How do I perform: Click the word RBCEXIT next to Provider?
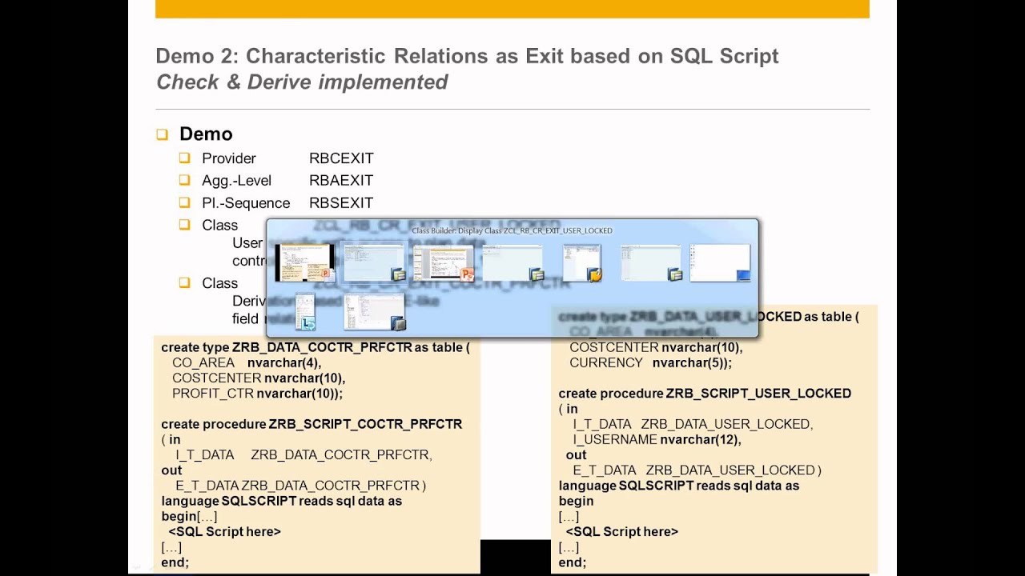(x=341, y=158)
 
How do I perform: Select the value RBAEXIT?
(x=341, y=181)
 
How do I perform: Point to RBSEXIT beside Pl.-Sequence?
(x=341, y=203)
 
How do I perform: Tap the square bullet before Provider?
(x=185, y=158)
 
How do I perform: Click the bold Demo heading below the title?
(x=206, y=134)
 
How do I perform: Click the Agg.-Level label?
(x=236, y=181)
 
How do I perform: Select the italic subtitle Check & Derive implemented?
(x=302, y=82)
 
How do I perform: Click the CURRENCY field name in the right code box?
(x=606, y=362)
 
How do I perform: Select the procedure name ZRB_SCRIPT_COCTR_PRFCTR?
(x=365, y=424)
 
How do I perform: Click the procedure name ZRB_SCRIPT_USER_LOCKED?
(x=758, y=394)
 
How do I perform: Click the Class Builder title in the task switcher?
(x=512, y=230)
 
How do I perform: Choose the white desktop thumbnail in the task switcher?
(x=720, y=263)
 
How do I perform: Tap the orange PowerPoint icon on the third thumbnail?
(x=467, y=275)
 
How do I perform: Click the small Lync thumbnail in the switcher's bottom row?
(x=305, y=312)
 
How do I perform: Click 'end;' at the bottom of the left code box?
(x=175, y=562)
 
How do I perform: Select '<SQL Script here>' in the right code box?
(x=621, y=532)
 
